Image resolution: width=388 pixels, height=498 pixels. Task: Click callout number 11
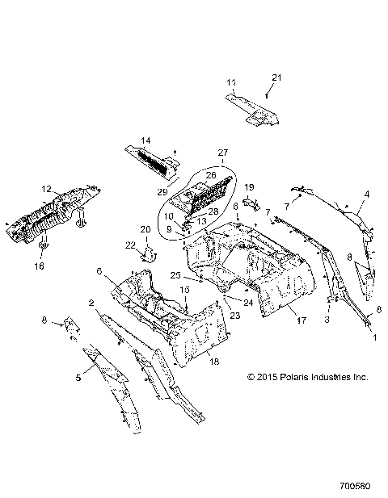pos(231,83)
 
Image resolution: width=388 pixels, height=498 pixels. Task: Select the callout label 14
pos(147,140)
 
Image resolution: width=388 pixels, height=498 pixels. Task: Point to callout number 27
pos(224,151)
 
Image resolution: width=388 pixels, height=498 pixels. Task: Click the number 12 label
pos(45,190)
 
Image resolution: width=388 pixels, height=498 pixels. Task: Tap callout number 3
pos(327,320)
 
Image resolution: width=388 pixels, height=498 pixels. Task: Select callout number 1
pos(373,339)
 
